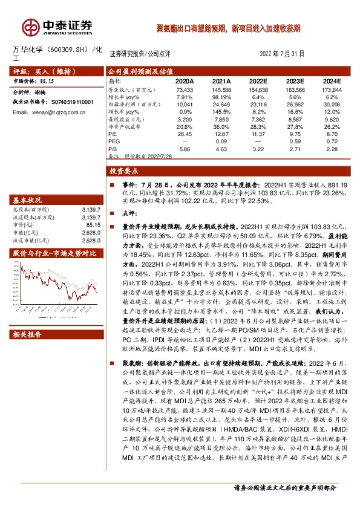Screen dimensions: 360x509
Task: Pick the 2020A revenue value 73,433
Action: tap(184, 89)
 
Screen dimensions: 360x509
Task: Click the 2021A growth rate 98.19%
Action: tap(221, 97)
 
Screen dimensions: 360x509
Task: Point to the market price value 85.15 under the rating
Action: tap(46, 80)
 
